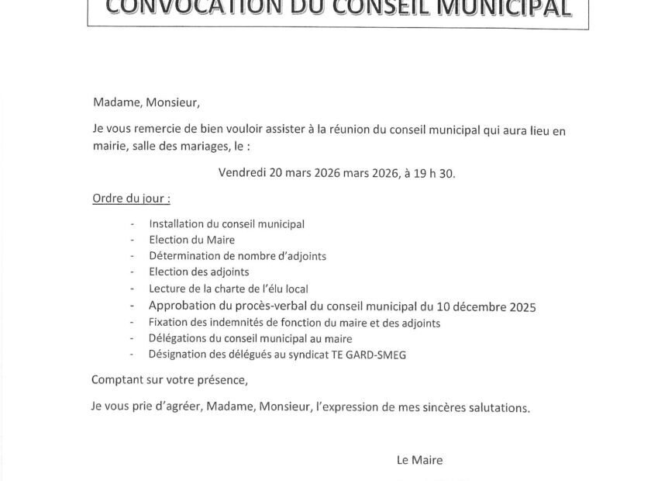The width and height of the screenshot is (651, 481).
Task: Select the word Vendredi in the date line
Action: [x=242, y=173]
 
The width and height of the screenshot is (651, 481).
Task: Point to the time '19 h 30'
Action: [x=436, y=173]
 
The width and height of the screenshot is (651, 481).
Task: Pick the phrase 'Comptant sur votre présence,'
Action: [x=169, y=380]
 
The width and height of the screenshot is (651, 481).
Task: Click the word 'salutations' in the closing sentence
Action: [x=500, y=407]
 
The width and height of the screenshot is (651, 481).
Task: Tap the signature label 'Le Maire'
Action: [x=419, y=460]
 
